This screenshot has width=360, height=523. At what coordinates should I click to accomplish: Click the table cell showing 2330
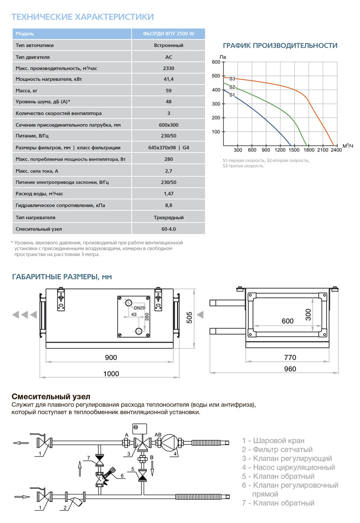coord(169,68)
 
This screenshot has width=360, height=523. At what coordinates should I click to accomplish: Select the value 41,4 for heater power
coord(169,79)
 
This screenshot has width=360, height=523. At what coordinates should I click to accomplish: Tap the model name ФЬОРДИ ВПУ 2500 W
coord(169,34)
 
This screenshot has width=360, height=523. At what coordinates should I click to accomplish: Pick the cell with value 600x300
coord(169,125)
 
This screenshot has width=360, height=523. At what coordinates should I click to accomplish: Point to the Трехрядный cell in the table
coord(169,217)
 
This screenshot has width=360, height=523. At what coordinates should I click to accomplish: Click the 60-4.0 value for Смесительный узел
coord(169,229)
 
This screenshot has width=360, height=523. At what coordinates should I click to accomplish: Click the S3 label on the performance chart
coord(232,79)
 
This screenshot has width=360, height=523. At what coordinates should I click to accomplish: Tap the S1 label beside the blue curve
coord(232,95)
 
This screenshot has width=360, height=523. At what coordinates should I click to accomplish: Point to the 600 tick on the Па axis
coord(216,62)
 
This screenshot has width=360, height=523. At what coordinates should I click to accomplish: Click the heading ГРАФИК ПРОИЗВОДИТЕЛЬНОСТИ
coord(280,46)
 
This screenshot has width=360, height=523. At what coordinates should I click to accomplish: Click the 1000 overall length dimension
coord(111,373)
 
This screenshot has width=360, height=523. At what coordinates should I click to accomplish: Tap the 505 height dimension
coord(190,317)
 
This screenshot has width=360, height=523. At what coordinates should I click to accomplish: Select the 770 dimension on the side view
coord(290,357)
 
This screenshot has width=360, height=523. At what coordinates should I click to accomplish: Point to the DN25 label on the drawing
coord(140,308)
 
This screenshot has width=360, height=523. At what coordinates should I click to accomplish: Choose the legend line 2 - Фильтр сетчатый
coord(277,449)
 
